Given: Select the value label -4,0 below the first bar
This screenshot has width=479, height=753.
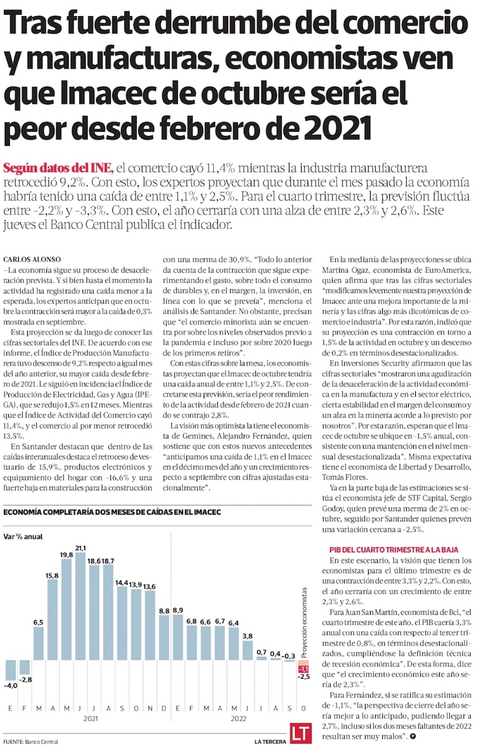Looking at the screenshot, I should coord(10,685).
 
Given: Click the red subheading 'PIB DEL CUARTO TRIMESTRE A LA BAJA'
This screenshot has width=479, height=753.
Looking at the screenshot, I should coord(393,549).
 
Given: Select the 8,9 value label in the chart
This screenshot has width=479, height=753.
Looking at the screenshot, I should coord(179,610).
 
